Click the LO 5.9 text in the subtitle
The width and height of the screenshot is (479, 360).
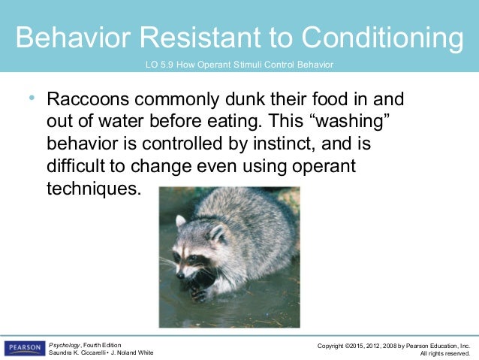(163, 65)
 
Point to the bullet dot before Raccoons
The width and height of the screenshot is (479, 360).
(31, 98)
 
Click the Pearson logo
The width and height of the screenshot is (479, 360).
(24, 348)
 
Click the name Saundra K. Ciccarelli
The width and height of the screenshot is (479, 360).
(78, 353)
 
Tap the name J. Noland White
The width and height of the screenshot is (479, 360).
(133, 353)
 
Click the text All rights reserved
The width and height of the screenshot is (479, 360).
(444, 353)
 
